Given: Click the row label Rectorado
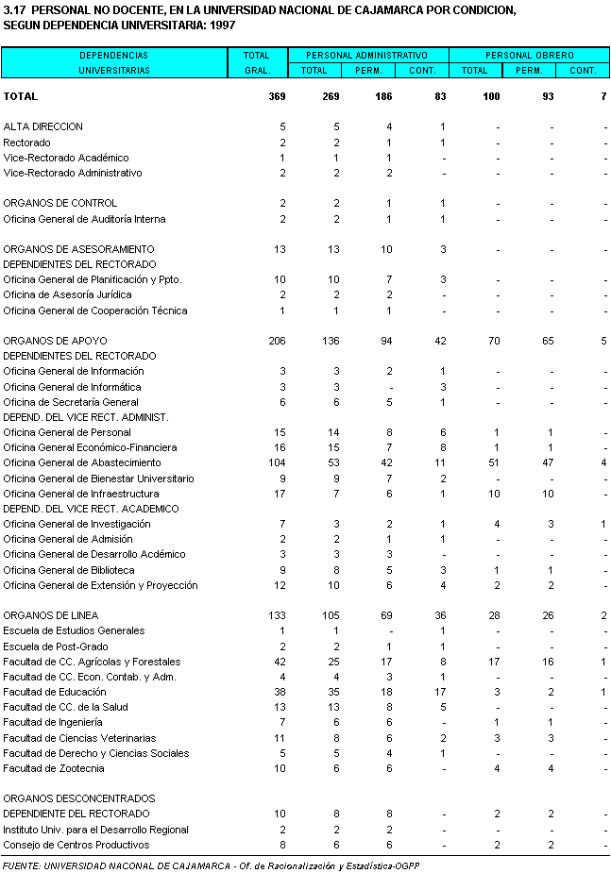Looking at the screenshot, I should coord(26,143).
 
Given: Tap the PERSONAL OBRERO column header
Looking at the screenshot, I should coord(529,56).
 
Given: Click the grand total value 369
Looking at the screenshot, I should coord(277,96).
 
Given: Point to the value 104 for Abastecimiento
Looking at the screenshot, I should coord(276,463).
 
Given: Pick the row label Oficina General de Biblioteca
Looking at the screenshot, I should coord(69,570).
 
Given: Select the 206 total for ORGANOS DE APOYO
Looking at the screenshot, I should coord(276,341).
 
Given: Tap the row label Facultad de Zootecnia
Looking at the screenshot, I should coord(56,768).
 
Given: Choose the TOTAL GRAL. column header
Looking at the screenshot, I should coord(256,62).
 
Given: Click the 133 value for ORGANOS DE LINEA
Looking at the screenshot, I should coord(276,615).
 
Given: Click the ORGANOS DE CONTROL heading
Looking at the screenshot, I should coord(60,203).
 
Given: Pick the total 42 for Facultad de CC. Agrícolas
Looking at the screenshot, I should coord(279,662).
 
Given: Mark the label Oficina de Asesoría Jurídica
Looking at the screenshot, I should coord(67,295).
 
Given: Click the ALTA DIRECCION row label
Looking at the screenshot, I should coord(43,126).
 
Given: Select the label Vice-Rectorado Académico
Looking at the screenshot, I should coord(66,158).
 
